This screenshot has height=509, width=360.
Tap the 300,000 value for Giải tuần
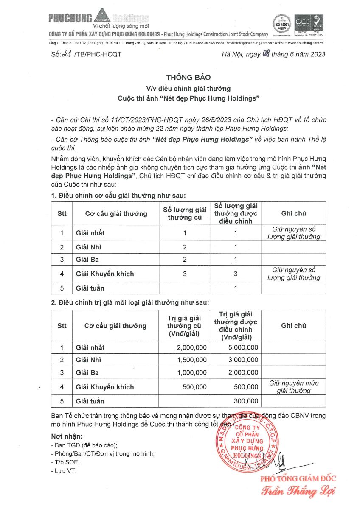click(x=246, y=401)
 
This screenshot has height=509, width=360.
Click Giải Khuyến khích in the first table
click(x=104, y=274)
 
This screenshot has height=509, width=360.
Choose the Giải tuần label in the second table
click(x=90, y=401)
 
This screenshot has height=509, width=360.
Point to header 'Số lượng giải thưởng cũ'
click(x=185, y=213)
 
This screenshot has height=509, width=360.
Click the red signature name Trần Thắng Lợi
click(x=298, y=492)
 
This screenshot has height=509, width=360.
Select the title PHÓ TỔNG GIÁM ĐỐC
click(x=298, y=479)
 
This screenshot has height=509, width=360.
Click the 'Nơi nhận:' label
click(x=67, y=436)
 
